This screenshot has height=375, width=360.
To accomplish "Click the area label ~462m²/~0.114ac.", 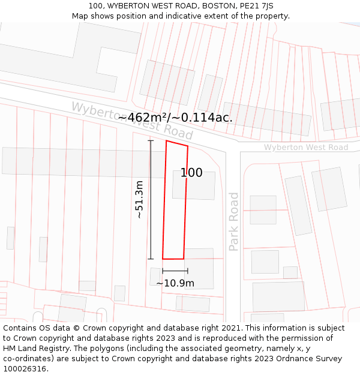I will tap(175, 118).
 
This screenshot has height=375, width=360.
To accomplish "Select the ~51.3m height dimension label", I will tap(139, 200).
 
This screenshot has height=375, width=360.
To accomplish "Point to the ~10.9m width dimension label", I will tap(175, 283).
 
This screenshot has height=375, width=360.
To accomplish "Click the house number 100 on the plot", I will tap(191, 173).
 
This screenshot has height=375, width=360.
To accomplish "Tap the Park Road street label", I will tap(234, 221).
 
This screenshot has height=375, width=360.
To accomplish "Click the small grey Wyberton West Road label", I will tap(306, 148).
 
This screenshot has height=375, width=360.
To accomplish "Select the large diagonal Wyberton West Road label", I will tap(132, 120).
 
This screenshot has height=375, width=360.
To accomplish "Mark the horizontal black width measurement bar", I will tap(175, 271).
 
